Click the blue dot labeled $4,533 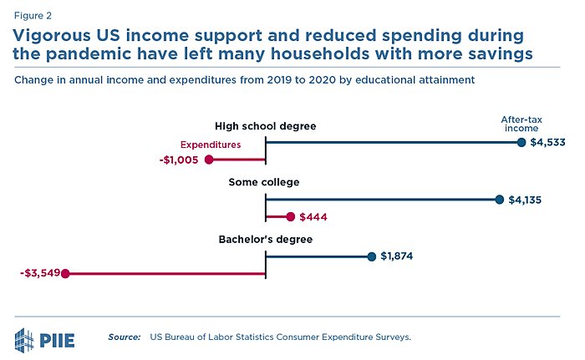point(521,143)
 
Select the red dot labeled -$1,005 point(209,160)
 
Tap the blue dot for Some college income point(500,200)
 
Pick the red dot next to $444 point(290,216)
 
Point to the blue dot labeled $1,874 point(371,256)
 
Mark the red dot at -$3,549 point(65,272)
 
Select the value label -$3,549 point(38,272)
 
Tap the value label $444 point(313,217)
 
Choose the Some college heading point(264,182)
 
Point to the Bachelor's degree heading point(265,240)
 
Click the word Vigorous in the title point(54,37)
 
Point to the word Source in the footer point(124,337)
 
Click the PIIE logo point(48,338)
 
